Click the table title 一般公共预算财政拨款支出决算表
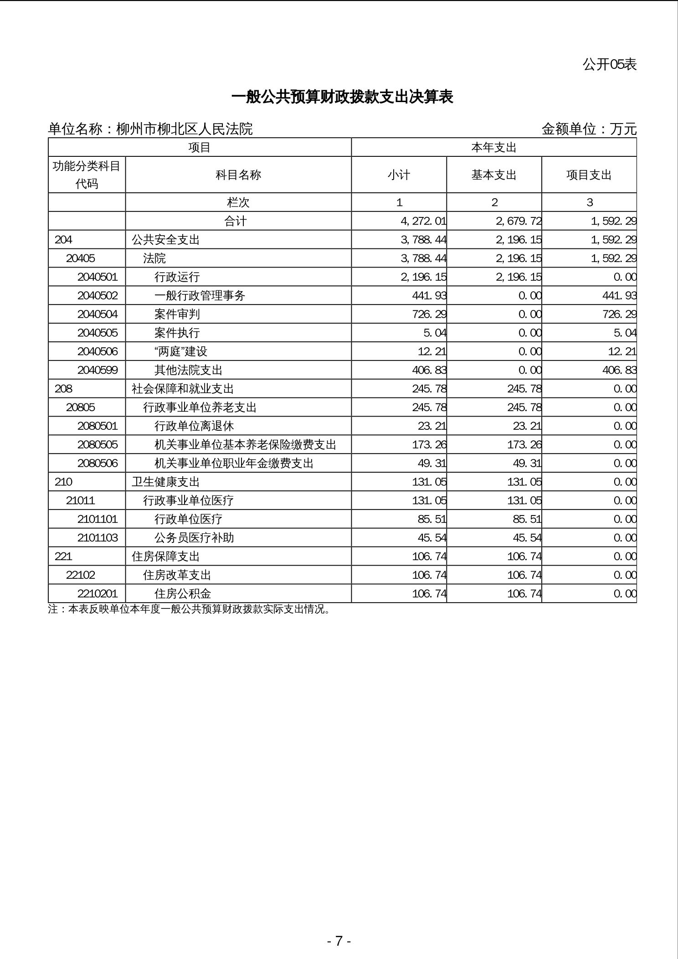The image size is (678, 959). pos(342,97)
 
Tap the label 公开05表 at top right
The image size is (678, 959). pos(609,64)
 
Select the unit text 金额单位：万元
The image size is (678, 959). pos(589,129)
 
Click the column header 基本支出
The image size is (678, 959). pos(494,175)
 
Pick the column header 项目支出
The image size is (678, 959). pos(589,175)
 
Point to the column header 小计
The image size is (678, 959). pos(399,175)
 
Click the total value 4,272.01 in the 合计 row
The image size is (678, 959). pos(423,221)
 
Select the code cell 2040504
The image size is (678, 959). pos(98,314)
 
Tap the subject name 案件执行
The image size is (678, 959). pos(177,333)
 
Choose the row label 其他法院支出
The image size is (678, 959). pos(188,370)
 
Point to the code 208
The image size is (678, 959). pos(63,389)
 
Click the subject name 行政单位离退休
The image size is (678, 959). pos(194,426)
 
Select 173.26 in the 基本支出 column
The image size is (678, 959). pos(524,444)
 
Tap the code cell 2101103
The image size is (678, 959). pos(98,538)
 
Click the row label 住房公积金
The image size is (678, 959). pos(183,593)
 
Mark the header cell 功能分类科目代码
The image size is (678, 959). pos(87,175)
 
